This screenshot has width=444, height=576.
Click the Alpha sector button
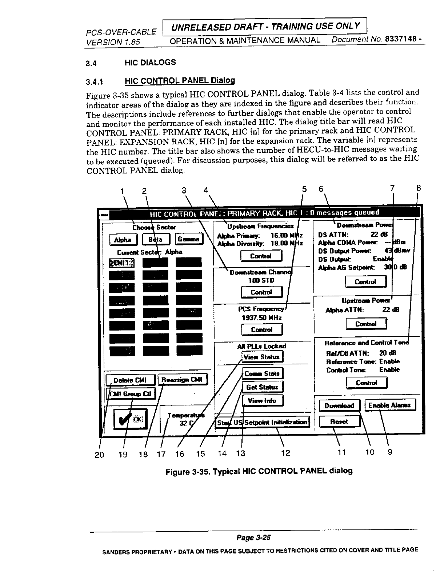(123, 240)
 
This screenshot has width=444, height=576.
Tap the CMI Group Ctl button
(131, 393)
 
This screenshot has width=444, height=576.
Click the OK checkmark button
(130, 419)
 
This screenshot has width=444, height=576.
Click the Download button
(339, 405)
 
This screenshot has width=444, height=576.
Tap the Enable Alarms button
(389, 405)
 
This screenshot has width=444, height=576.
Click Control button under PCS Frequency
(262, 329)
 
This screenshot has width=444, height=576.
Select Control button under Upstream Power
(366, 324)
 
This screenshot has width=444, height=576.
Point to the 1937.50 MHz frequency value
(262, 317)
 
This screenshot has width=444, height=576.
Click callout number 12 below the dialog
(286, 453)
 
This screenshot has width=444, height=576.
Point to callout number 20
(99, 454)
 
